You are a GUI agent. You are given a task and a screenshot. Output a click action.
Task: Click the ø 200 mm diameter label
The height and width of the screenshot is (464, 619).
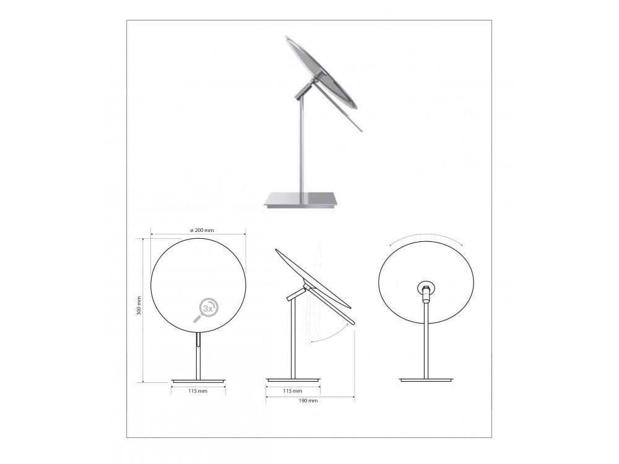point(202,230)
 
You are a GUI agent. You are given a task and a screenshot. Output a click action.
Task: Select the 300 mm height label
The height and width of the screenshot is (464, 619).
point(139,306)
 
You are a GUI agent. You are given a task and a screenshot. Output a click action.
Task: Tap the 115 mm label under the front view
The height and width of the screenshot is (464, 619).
point(198,391)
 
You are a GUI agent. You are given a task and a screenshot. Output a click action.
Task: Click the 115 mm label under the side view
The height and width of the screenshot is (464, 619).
point(293,391)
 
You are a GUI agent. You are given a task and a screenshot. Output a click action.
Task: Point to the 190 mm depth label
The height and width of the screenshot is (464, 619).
point(308,400)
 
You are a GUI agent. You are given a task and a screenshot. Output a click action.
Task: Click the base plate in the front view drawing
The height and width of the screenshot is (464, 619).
point(198,380)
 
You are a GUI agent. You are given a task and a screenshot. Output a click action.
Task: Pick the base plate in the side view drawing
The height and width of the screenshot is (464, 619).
point(293,380)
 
